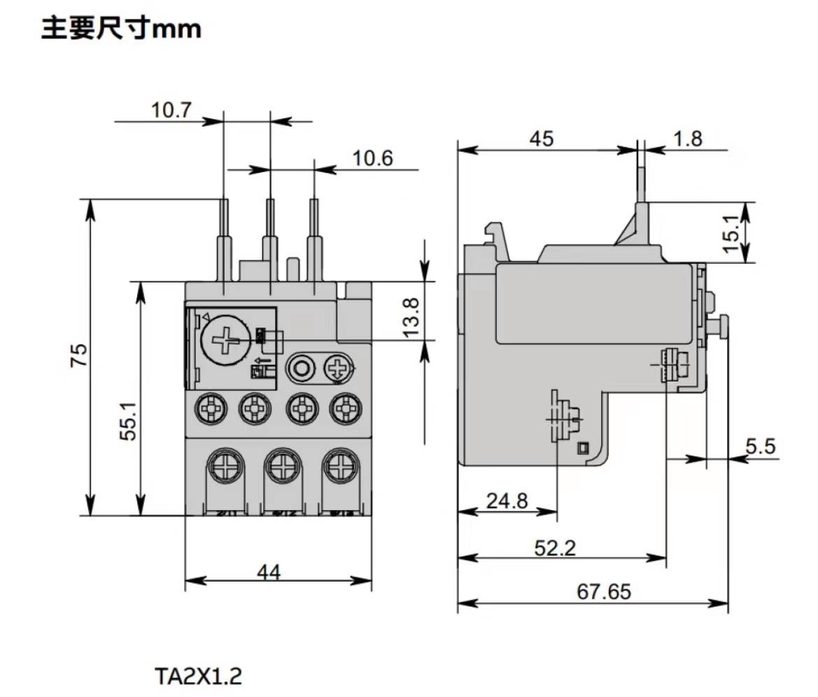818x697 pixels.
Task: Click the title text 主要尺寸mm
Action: (x=121, y=29)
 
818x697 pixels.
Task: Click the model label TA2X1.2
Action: (x=199, y=676)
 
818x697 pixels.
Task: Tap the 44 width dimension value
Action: (x=268, y=572)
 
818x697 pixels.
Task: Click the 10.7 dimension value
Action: (x=171, y=111)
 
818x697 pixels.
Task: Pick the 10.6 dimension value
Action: (x=372, y=158)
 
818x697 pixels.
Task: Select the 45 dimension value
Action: (x=541, y=139)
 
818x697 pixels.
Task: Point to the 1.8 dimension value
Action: (x=687, y=139)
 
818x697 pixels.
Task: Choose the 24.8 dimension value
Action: (x=508, y=501)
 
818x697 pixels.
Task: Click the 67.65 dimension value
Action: (x=604, y=592)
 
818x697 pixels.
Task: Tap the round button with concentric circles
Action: (x=302, y=367)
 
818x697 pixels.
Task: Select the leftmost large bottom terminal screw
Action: (x=225, y=465)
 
